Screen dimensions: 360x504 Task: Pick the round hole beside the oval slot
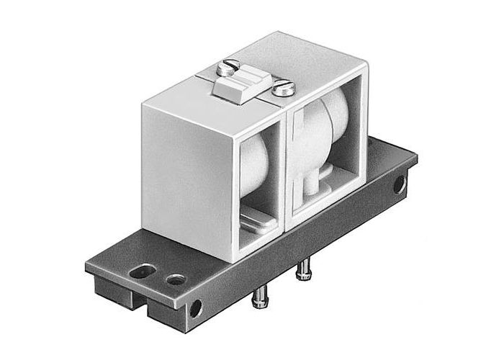click(x=175, y=278)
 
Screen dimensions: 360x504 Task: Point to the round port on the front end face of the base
click(x=194, y=309)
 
